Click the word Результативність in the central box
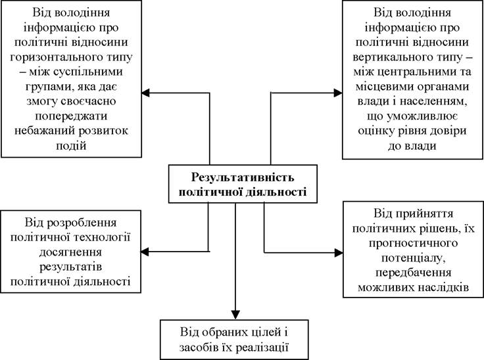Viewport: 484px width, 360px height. coord(243,177)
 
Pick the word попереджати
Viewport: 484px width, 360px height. coord(71,116)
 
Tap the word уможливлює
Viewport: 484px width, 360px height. coord(422,117)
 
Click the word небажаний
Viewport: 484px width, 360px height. coord(44,131)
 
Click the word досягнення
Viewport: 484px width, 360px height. coord(70,252)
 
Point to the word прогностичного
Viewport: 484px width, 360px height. coord(414,243)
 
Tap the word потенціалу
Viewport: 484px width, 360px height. coord(414,258)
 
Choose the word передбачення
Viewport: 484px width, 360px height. coord(414,273)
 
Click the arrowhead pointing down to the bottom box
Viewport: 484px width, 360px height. coord(235,315)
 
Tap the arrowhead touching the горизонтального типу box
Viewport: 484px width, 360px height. coord(146,93)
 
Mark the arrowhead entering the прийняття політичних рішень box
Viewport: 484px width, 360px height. coord(338,253)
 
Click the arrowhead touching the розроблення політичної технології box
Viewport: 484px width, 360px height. coord(145,252)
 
